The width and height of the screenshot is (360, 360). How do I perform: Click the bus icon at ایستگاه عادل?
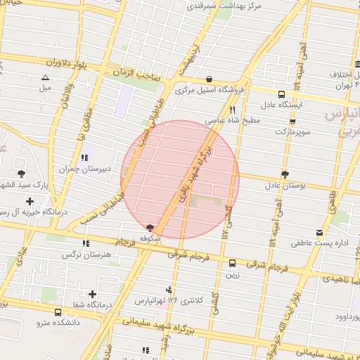click(281, 94)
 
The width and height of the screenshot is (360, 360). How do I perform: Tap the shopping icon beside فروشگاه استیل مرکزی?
click(210, 79)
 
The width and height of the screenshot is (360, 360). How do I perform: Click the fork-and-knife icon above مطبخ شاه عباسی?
click(232, 110)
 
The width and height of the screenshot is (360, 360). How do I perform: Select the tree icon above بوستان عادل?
click(285, 174)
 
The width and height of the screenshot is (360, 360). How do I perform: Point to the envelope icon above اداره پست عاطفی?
click(321, 232)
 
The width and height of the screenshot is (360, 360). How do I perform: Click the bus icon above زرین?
click(232, 263)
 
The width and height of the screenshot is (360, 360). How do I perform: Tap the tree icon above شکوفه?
click(149, 228)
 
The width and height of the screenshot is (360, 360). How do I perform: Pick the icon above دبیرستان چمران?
click(85, 157)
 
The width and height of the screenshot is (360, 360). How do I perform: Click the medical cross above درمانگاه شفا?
click(92, 293)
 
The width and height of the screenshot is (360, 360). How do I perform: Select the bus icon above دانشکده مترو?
click(58, 312)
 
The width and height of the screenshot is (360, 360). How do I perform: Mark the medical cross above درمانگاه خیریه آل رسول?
click(30, 201)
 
